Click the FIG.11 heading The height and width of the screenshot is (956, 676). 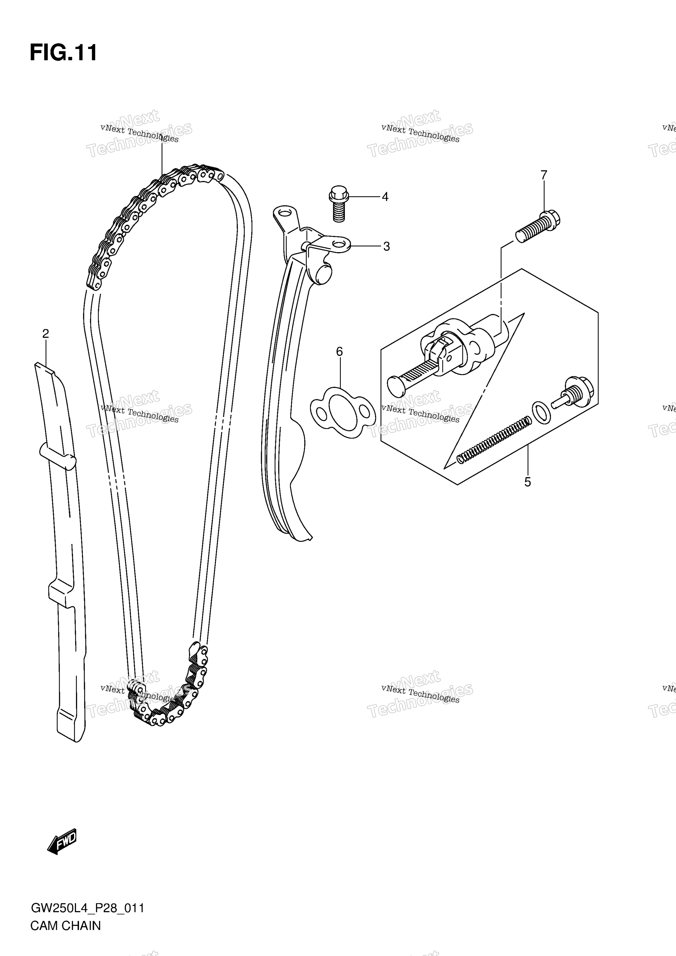(x=63, y=53)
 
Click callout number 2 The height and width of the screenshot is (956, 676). (x=46, y=334)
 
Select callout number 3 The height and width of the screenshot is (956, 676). (x=387, y=247)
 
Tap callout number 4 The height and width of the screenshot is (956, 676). (x=385, y=196)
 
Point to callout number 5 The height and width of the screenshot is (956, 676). (x=528, y=482)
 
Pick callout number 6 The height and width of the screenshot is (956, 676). (x=339, y=352)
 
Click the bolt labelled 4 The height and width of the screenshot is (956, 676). (x=338, y=204)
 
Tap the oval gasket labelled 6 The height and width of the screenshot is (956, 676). (x=343, y=412)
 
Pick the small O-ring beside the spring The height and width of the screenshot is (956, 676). (x=541, y=412)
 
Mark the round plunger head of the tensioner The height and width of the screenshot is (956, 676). (x=396, y=387)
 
